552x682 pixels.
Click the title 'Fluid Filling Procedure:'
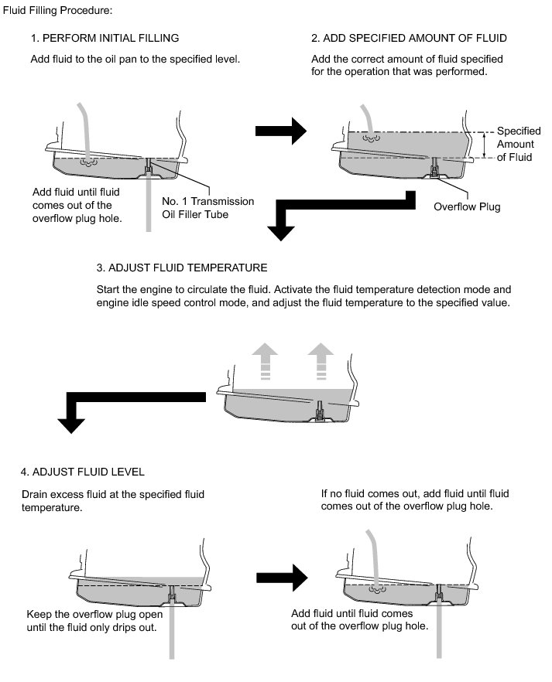point(58,11)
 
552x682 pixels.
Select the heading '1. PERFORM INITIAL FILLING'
point(105,38)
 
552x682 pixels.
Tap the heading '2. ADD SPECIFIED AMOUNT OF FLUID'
point(410,38)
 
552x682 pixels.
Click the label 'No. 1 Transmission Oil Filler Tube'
point(207,208)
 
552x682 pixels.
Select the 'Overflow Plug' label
point(467,206)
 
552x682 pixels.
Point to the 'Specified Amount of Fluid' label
point(519,145)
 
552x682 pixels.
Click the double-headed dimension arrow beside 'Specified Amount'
point(484,144)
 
